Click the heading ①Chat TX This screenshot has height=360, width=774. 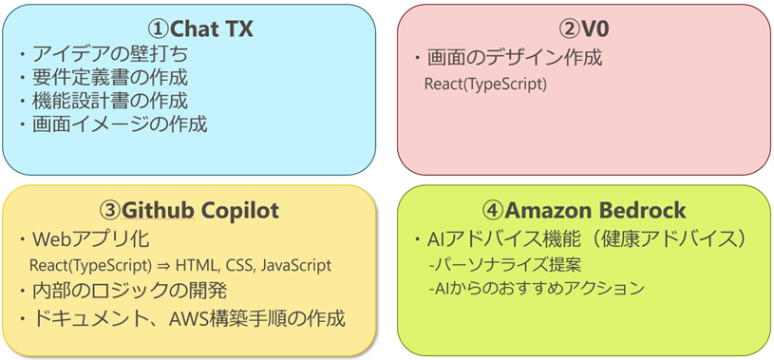201,29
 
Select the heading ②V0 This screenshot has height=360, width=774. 583,29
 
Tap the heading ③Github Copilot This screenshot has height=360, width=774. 189,211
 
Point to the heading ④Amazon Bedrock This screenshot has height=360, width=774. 584,211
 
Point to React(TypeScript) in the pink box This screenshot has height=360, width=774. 485,85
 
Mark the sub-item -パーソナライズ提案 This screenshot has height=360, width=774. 504,266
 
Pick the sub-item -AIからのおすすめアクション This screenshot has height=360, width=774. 537,289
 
